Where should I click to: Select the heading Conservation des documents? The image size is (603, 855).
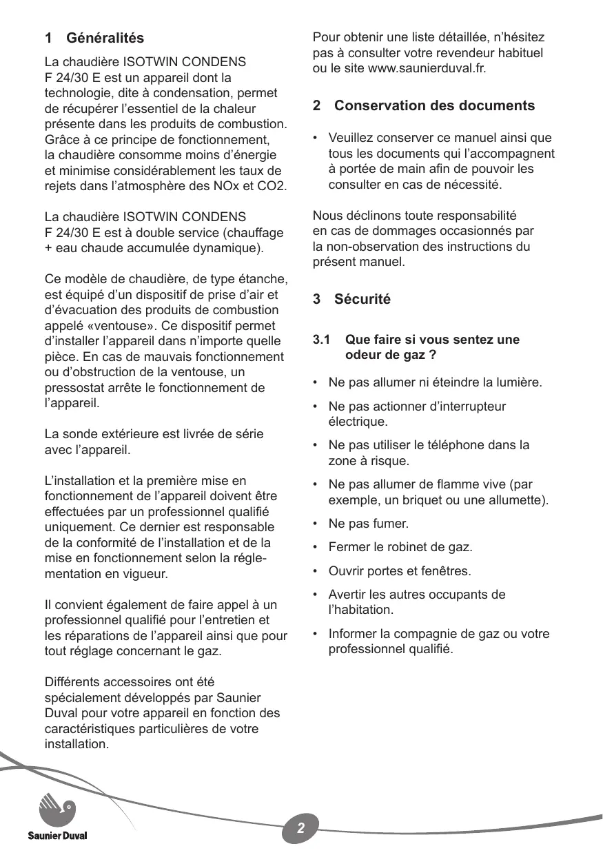click(434, 105)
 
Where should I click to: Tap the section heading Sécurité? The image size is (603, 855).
click(362, 299)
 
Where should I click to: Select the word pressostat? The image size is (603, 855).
click(72, 388)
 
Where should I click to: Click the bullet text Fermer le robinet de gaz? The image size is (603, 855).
click(400, 548)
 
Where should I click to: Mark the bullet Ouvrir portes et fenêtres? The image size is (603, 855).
click(400, 571)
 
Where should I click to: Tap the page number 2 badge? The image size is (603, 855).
click(301, 827)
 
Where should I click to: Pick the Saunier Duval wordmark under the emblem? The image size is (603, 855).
click(57, 836)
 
